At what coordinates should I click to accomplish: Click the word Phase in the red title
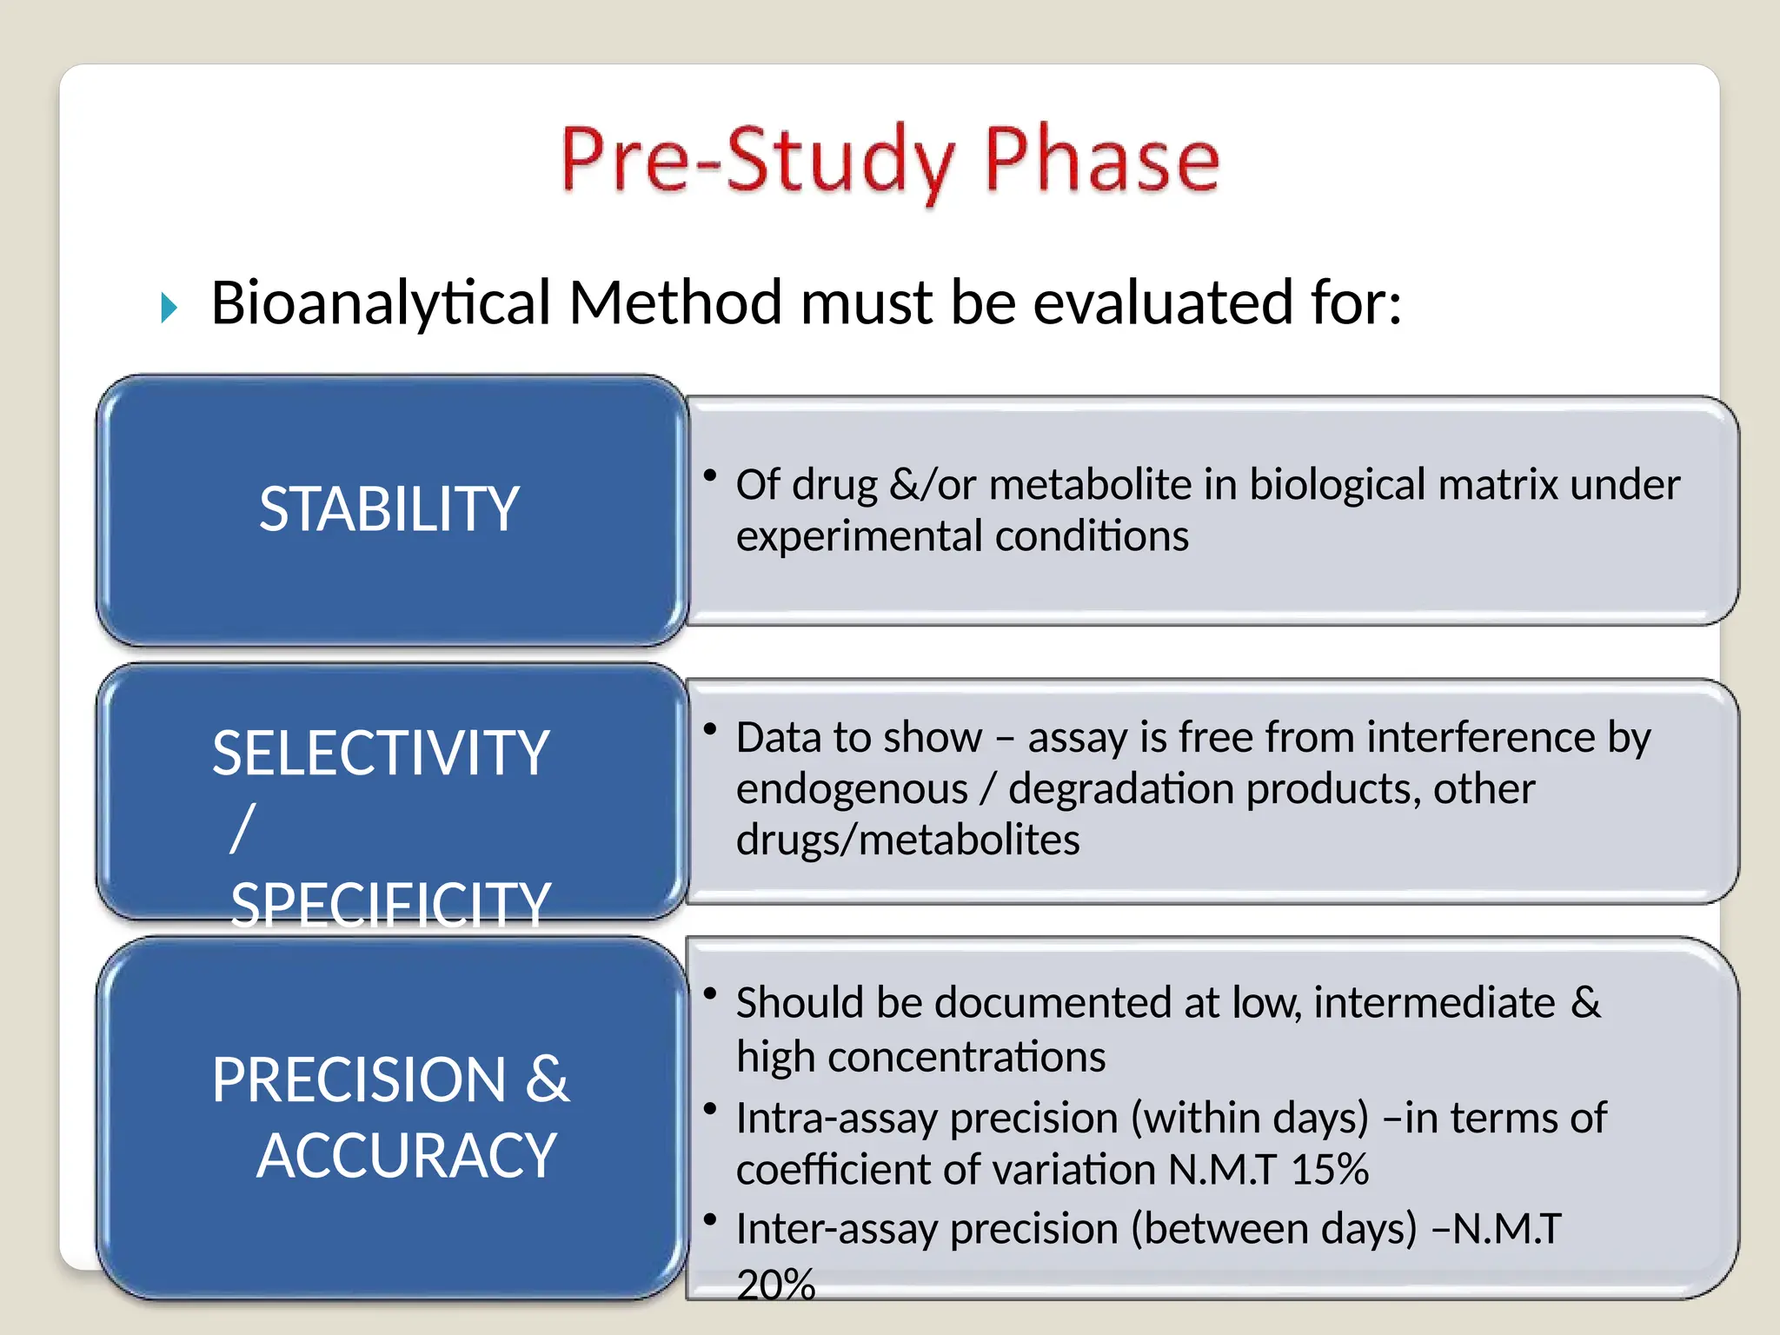pyautogui.click(x=1101, y=161)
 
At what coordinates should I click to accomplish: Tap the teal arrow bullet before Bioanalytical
pyautogui.click(x=169, y=308)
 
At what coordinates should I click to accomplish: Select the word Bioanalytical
pyautogui.click(x=381, y=303)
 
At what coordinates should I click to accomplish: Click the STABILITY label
pyautogui.click(x=389, y=509)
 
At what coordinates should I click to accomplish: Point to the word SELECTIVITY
pyautogui.click(x=381, y=753)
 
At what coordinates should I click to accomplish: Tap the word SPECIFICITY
pyautogui.click(x=390, y=905)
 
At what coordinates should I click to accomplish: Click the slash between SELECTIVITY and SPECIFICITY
pyautogui.click(x=243, y=828)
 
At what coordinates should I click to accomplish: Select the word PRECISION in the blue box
pyautogui.click(x=358, y=1080)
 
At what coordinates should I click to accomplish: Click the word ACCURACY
pyautogui.click(x=406, y=1156)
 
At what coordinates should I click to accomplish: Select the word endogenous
pyautogui.click(x=852, y=789)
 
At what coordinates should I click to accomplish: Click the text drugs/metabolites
pyautogui.click(x=907, y=840)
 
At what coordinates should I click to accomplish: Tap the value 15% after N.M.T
pyautogui.click(x=1329, y=1170)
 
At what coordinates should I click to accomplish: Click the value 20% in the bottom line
pyautogui.click(x=775, y=1285)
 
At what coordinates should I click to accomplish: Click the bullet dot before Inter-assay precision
pyautogui.click(x=710, y=1219)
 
